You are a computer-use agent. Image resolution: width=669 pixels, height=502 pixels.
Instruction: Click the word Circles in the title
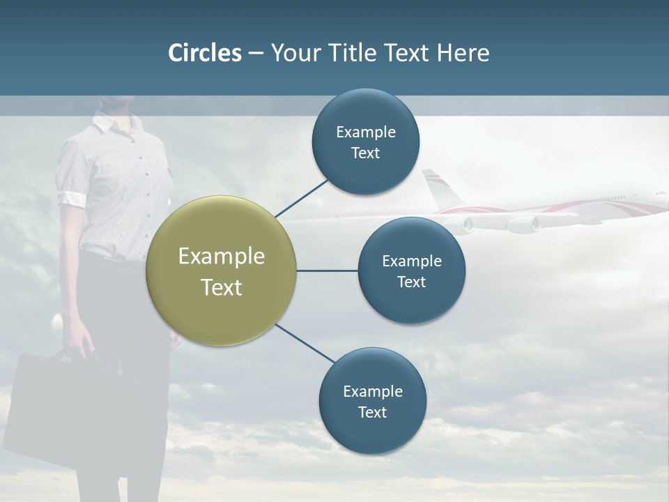coord(205,53)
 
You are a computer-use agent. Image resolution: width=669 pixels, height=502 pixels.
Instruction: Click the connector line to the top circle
coord(302,197)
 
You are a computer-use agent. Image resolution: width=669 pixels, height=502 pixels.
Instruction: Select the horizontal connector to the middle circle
coord(328,271)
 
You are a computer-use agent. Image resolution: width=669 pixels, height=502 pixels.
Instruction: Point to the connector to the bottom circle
coord(305,343)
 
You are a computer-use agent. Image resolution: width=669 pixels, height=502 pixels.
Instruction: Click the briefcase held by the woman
coord(49,411)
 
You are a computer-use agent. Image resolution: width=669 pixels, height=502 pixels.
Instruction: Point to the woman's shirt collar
coord(105,125)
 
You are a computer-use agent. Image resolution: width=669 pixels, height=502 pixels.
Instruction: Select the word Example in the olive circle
coord(222,257)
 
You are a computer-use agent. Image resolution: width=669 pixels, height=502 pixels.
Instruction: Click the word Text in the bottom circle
coord(372,412)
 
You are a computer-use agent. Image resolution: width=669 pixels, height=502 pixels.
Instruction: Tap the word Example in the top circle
coord(366,132)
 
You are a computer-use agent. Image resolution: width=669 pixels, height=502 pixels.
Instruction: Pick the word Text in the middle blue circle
coord(412,282)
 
